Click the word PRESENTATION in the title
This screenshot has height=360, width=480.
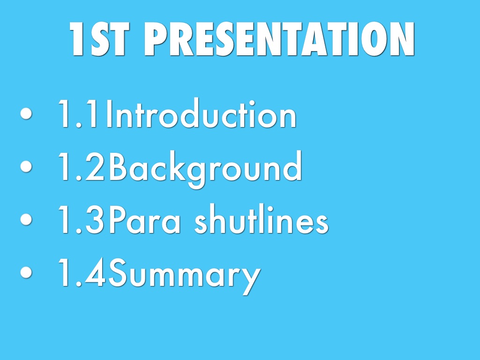click(279, 39)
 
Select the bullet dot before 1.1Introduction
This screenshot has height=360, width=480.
click(26, 113)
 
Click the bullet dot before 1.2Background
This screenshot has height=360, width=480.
click(26, 166)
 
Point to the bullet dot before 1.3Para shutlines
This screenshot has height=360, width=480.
click(26, 219)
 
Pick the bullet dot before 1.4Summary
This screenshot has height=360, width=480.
click(26, 272)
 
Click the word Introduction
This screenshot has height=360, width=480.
click(201, 113)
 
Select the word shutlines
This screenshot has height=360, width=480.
click(262, 218)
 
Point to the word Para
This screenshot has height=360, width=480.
click(144, 219)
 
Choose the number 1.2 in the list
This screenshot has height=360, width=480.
click(82, 166)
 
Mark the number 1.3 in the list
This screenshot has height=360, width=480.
click(82, 219)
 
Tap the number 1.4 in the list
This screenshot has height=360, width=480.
click(82, 272)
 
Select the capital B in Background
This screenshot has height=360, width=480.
click(118, 166)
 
